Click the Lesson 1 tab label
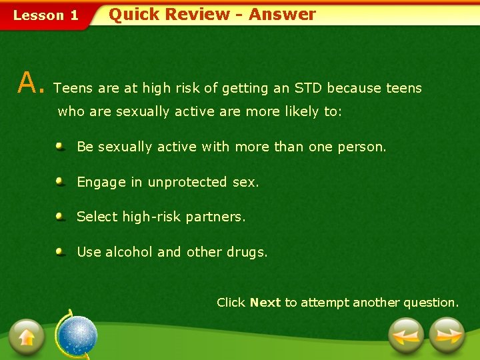pyautogui.click(x=46, y=15)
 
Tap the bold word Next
pyautogui.click(x=265, y=303)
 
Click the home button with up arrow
pyautogui.click(x=27, y=335)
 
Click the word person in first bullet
pyautogui.click(x=363, y=147)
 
